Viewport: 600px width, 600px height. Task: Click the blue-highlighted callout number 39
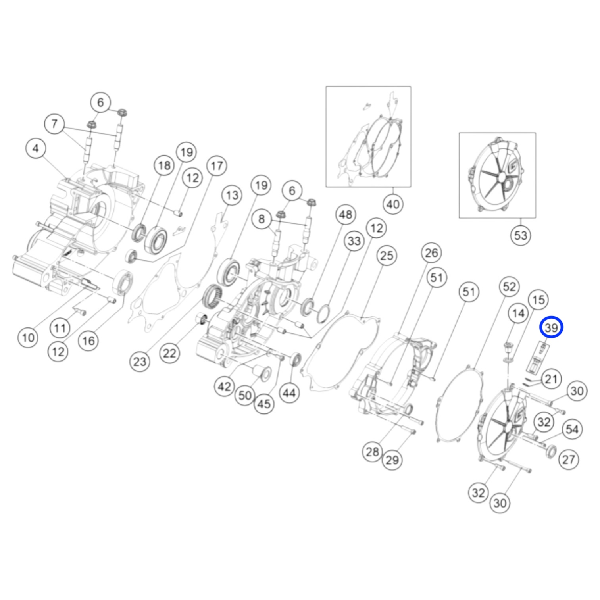point(551,328)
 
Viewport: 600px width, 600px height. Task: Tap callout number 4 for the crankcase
point(36,148)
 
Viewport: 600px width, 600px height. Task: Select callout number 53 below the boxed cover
point(520,235)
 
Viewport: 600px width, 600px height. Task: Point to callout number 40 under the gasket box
point(393,204)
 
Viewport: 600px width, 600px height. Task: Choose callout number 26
point(431,253)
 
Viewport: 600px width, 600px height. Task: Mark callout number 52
point(509,287)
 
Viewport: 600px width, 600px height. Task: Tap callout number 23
point(140,362)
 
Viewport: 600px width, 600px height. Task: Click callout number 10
point(28,338)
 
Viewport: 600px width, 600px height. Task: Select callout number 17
point(217,166)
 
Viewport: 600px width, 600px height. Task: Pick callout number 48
point(346,215)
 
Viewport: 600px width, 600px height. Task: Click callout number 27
point(569,460)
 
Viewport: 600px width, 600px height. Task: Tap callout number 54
point(572,429)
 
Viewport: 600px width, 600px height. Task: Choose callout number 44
point(289,393)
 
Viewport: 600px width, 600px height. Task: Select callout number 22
point(169,353)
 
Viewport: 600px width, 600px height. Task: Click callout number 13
point(232,195)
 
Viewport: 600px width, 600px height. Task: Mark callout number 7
point(54,124)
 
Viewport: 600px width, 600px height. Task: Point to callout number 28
point(372,452)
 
